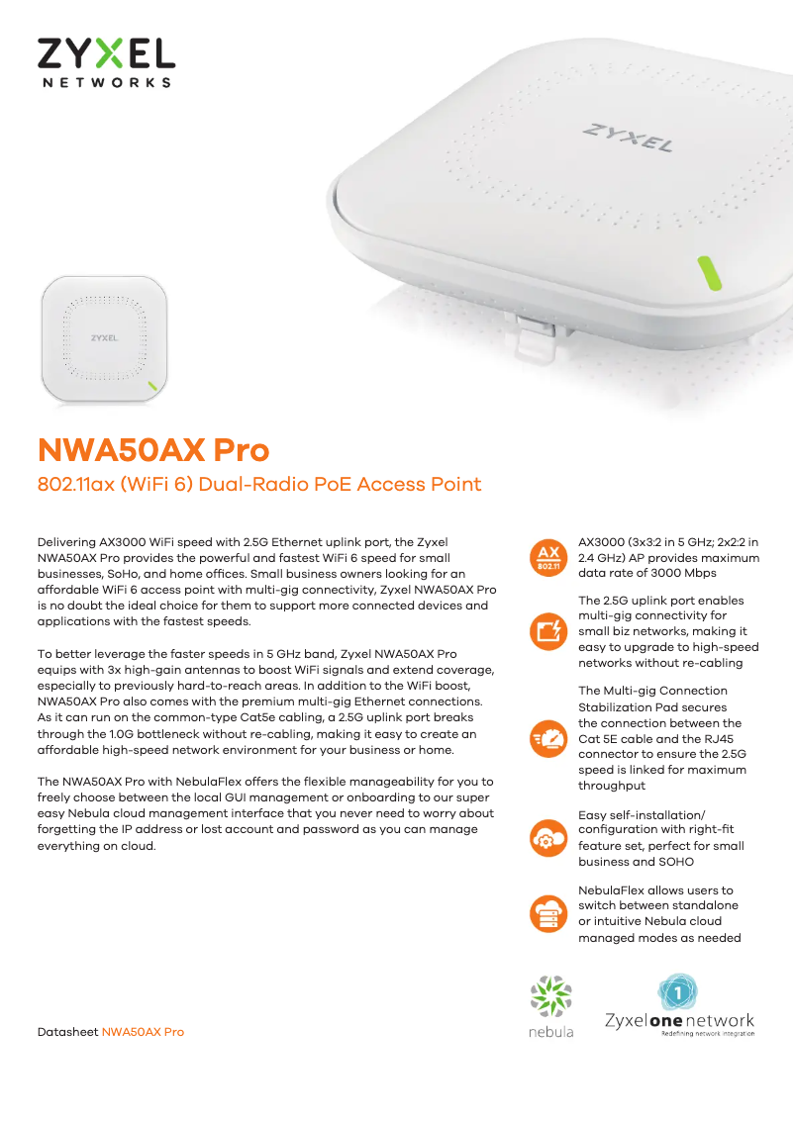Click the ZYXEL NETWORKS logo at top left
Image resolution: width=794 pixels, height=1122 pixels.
click(107, 63)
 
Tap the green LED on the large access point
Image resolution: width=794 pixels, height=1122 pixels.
click(709, 273)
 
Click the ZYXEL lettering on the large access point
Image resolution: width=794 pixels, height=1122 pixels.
click(628, 138)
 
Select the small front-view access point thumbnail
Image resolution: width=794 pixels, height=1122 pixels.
click(105, 339)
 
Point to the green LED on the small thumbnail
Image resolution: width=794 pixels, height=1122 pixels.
click(152, 387)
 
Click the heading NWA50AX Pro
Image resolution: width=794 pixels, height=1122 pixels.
click(153, 450)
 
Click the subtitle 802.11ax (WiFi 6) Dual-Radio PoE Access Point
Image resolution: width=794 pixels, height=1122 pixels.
click(259, 485)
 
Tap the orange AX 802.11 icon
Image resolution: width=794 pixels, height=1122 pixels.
click(548, 557)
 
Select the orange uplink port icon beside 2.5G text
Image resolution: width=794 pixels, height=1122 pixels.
click(548, 631)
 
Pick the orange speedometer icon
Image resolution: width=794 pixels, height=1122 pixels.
click(548, 738)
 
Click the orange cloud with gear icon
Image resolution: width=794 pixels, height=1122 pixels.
click(548, 838)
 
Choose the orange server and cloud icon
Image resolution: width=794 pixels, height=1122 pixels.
click(548, 914)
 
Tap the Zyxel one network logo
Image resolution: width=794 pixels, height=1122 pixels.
click(679, 1004)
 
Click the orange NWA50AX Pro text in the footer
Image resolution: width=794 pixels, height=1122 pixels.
click(143, 1032)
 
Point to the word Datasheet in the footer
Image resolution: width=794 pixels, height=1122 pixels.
click(67, 1032)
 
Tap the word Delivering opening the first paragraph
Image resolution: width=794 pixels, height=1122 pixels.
click(66, 542)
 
